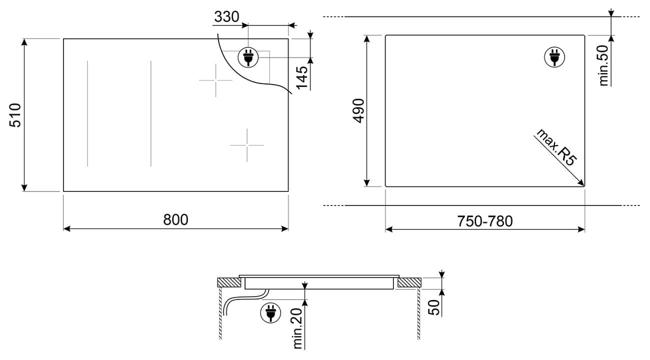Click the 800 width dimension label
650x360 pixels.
click(175, 219)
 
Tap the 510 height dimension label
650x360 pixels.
click(15, 115)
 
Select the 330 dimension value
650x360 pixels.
click(226, 17)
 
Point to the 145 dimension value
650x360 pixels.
click(302, 77)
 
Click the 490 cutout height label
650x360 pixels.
click(358, 111)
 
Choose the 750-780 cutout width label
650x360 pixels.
click(485, 221)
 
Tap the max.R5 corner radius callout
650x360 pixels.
click(556, 147)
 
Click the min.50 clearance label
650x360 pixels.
click(604, 65)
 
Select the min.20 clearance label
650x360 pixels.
click(297, 328)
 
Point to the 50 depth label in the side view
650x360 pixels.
click(434, 307)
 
